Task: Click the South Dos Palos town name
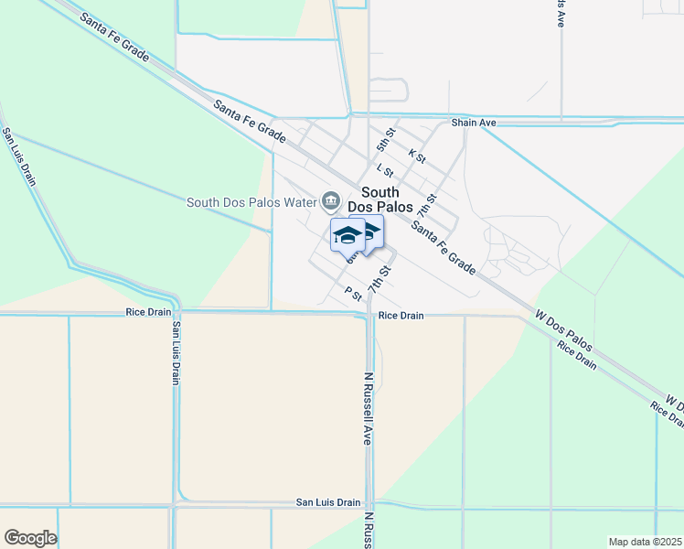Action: coord(379,199)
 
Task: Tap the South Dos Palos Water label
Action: coord(251,202)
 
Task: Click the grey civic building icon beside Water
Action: coord(330,200)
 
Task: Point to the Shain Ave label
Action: coord(473,123)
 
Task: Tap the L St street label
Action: coord(385,170)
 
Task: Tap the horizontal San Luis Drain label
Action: coord(328,502)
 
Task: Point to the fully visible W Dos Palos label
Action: coord(564,335)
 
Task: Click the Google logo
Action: coord(30,538)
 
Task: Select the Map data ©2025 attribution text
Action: coord(645,542)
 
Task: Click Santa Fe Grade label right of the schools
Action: coord(443,248)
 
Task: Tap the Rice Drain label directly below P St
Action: coord(401,316)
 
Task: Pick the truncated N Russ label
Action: coord(368,530)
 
